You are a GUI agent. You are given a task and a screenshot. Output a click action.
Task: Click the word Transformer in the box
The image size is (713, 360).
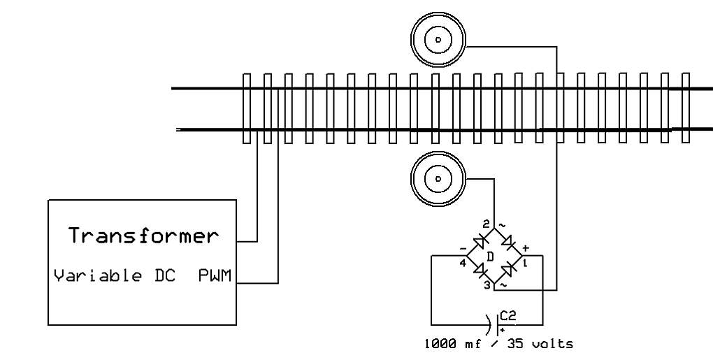click(144, 236)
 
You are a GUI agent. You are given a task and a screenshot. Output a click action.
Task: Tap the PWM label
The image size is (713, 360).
click(215, 275)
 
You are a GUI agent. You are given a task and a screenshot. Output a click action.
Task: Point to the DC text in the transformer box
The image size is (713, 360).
click(165, 275)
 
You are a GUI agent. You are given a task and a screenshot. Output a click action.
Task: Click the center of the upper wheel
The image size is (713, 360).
click(438, 40)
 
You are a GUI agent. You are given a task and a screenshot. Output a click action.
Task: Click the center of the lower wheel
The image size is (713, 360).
click(438, 179)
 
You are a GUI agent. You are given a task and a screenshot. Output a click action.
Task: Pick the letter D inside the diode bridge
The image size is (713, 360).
click(490, 257)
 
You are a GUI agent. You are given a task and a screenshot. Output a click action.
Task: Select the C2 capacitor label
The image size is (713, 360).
click(508, 315)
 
